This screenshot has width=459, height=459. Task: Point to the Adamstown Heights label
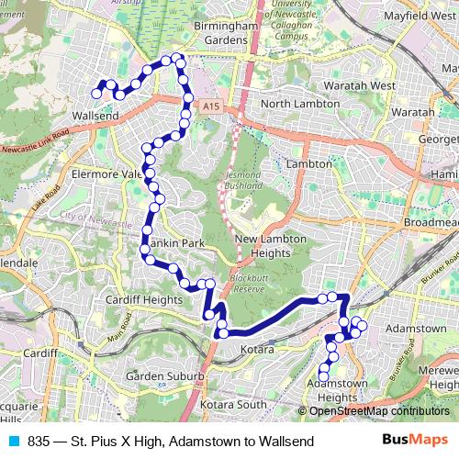tap(343, 389)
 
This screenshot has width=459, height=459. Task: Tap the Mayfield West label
tap(415, 16)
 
